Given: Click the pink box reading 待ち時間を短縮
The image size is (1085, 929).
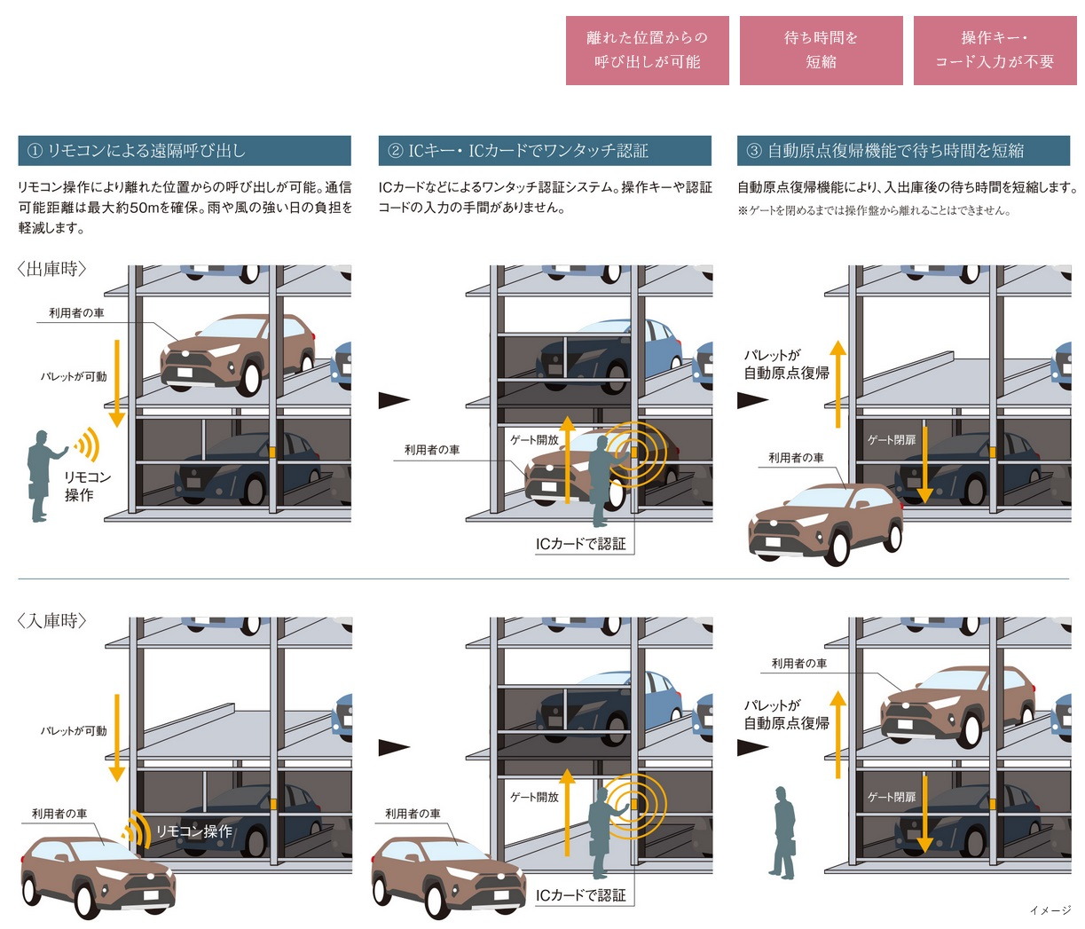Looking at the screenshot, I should pos(821,51).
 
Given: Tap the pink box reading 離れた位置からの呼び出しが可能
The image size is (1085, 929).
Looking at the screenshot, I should pos(647,51).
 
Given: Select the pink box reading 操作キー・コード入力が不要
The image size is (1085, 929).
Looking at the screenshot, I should pos(995,51).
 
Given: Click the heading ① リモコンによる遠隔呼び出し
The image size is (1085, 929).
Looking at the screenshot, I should pos(185,151).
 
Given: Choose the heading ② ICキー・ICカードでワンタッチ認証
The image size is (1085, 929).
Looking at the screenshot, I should pos(545,151).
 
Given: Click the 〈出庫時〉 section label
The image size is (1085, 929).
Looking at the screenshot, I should pos(52,269).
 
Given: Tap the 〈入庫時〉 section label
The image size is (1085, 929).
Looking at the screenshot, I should pos(52,620).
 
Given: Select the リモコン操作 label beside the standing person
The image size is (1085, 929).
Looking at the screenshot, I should pos(87,485).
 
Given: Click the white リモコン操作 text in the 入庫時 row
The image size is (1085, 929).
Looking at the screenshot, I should pos(193,831).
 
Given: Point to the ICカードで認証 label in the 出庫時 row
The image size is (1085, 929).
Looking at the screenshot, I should pos(580,543).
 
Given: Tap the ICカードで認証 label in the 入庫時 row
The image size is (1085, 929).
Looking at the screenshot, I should pos(580,895).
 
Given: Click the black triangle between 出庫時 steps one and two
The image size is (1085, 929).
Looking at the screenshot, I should pos(394,400).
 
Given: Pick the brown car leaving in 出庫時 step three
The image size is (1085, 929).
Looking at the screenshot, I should pos(824,524).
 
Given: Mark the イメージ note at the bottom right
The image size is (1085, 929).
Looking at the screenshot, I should pos(1050,910).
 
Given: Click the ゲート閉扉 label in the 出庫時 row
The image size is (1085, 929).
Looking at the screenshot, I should pos(892,440).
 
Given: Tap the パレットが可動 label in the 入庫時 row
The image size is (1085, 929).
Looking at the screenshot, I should pos(74,731).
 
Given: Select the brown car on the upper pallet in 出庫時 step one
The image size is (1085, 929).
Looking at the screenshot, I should pos(238,353).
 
